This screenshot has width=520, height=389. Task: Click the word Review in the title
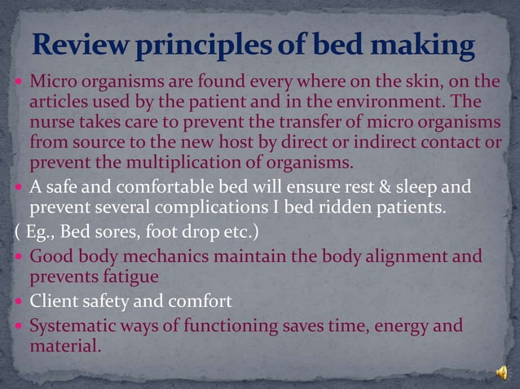pos(79,44)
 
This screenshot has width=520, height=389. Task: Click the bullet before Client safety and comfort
pos(20,301)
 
